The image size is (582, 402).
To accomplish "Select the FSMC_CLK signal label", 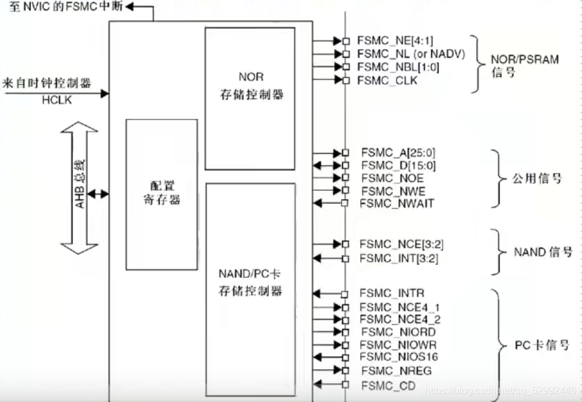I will [x=387, y=81].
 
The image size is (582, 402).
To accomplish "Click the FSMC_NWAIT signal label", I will [x=397, y=203].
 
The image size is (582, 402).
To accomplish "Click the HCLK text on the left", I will [x=56, y=99].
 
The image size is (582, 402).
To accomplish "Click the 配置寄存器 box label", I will [x=162, y=193].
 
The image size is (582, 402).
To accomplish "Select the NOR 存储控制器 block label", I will [x=250, y=86].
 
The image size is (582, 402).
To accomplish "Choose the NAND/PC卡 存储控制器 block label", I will [x=250, y=283].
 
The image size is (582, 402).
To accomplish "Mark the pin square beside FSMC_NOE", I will [x=345, y=178].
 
